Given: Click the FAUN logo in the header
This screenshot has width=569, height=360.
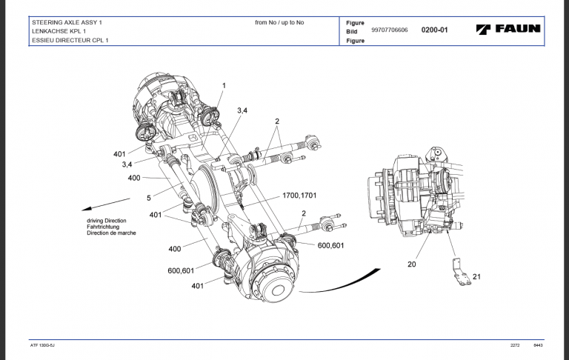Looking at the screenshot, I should pyautogui.click(x=508, y=30).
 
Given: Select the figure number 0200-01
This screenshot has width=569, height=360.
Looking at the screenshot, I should pyautogui.click(x=435, y=30).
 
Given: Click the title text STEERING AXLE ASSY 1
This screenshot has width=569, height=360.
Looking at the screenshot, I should pyautogui.click(x=67, y=22).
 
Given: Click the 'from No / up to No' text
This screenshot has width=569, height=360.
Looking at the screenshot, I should pyautogui.click(x=279, y=22).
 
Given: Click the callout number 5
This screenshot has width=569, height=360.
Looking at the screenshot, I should pyautogui.click(x=148, y=198).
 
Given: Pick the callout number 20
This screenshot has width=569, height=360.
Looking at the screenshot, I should pyautogui.click(x=411, y=263).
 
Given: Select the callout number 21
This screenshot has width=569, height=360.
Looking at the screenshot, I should pyautogui.click(x=476, y=276).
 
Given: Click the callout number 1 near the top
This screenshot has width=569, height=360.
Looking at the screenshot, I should pyautogui.click(x=224, y=86).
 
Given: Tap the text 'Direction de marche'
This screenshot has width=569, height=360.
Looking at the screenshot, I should pyautogui.click(x=111, y=233).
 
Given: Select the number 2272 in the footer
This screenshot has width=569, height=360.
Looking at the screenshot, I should pyautogui.click(x=515, y=347).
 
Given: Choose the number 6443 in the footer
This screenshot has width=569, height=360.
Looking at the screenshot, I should pyautogui.click(x=539, y=347).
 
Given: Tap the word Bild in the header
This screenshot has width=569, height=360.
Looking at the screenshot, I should pyautogui.click(x=352, y=32).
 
